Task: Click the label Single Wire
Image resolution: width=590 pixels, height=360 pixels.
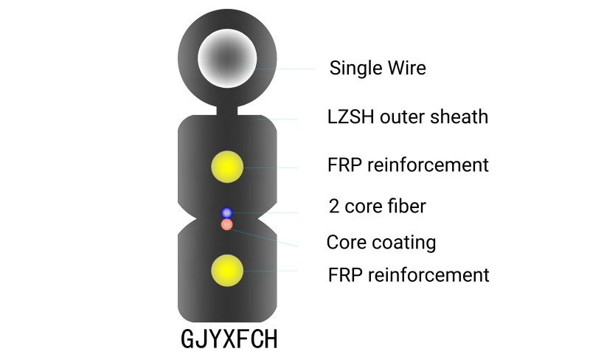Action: [x=377, y=68]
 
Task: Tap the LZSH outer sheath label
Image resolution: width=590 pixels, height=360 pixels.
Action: [x=407, y=117]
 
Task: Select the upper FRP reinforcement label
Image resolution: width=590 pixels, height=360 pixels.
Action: [x=408, y=165]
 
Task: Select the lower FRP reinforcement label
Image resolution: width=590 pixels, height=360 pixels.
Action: [x=408, y=275]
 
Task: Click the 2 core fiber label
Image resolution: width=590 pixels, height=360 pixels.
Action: [x=377, y=206]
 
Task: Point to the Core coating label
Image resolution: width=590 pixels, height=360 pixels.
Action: [x=381, y=242]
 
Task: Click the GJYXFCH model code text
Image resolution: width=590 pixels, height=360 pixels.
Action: [x=229, y=339]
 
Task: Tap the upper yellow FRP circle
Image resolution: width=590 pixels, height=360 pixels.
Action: [x=227, y=167]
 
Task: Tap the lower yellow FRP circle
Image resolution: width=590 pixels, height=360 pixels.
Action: [x=227, y=271]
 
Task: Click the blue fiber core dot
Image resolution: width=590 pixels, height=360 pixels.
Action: [x=227, y=213]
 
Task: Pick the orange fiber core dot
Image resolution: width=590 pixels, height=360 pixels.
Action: [x=227, y=224]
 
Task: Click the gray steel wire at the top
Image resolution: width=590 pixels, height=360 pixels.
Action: [x=227, y=58]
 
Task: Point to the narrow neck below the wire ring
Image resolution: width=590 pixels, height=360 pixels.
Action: [x=227, y=111]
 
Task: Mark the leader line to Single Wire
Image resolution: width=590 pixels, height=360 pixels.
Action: [x=288, y=69]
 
